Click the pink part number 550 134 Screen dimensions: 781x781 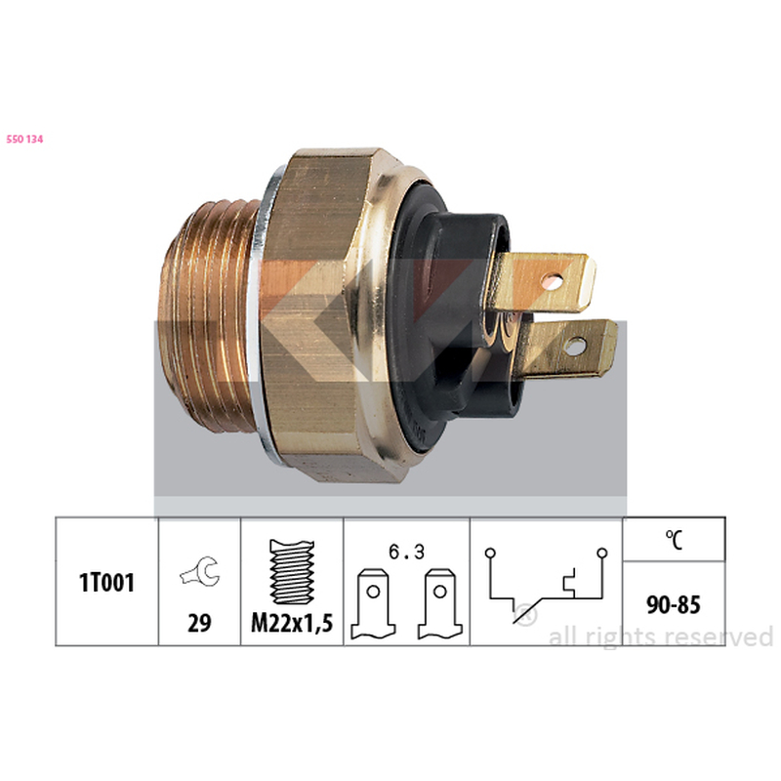tap(24, 140)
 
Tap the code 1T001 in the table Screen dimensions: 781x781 tap(106, 582)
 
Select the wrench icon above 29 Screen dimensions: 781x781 tap(199, 572)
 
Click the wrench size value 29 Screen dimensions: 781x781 tap(199, 623)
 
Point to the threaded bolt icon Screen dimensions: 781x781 tap(292, 571)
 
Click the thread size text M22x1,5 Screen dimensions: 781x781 tap(292, 623)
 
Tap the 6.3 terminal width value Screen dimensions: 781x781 tap(406, 552)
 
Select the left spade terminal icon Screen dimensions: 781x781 tap(373, 604)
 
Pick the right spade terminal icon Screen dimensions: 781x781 tap(440, 604)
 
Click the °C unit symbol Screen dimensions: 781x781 tap(674, 540)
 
